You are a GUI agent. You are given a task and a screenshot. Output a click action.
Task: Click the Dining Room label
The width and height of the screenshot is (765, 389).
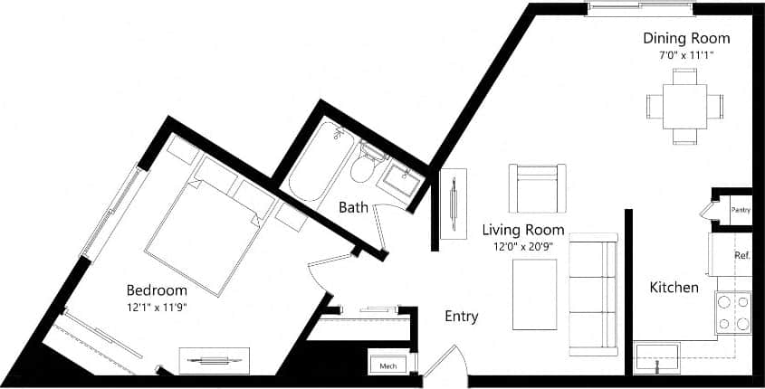[686, 38]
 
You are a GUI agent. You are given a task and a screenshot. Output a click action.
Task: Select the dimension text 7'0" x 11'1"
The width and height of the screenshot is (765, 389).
[686, 55]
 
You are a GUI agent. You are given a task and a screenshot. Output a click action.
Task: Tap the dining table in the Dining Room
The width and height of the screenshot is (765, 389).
[684, 106]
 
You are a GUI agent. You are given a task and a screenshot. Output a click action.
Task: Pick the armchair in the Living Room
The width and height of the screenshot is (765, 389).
[537, 188]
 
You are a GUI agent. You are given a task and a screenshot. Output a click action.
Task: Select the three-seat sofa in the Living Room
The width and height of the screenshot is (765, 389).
[593, 295]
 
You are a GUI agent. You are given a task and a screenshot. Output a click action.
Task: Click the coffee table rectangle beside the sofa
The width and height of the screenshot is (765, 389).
[534, 295]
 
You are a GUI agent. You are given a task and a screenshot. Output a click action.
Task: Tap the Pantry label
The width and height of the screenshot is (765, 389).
[741, 210]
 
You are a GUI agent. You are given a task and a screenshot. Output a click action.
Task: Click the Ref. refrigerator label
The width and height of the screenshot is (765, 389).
[741, 256]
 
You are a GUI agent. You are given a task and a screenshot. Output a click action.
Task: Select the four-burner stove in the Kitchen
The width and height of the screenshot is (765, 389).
[733, 313]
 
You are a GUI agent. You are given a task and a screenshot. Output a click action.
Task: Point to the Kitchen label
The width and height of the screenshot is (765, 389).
[674, 288]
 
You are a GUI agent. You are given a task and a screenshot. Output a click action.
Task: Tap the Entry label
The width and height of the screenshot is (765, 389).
[461, 317]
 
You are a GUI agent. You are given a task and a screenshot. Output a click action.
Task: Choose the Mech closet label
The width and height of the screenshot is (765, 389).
[387, 365]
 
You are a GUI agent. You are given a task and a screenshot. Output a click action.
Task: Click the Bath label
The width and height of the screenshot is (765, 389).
[353, 207]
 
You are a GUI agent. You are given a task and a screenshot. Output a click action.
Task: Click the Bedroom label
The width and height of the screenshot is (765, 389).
[157, 290]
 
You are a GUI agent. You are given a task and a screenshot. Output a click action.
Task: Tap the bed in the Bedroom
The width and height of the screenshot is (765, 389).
[201, 237]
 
